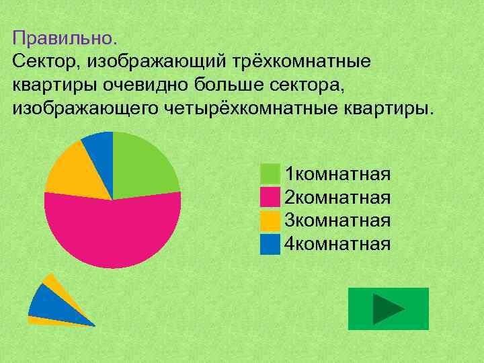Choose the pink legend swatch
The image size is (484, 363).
pyautogui.click(x=270, y=198)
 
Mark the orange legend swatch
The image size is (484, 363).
pyautogui.click(x=270, y=220)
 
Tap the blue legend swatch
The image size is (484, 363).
pyautogui.click(x=270, y=243)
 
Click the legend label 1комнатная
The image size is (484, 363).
pyautogui.click(x=337, y=175)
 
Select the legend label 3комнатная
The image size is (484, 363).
pyautogui.click(x=337, y=220)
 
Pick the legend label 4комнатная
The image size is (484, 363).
pyautogui.click(x=337, y=243)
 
